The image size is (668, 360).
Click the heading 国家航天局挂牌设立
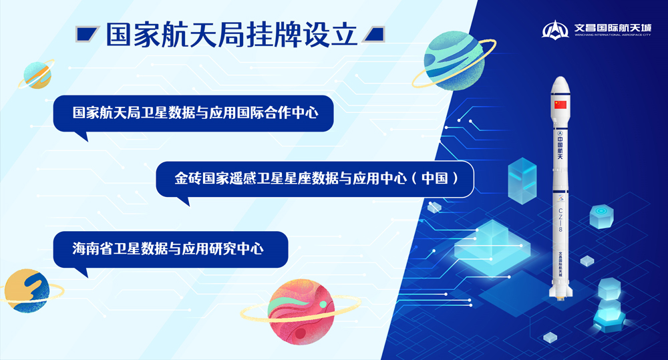[x=231, y=35]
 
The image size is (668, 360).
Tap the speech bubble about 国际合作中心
[x=193, y=113]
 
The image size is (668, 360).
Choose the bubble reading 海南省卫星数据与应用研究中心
[x=170, y=248]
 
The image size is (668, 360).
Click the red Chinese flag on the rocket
[x=560, y=105]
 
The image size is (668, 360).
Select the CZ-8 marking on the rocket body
[x=560, y=220]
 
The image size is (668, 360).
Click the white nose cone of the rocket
[x=560, y=85]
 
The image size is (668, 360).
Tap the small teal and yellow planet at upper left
[x=37, y=74]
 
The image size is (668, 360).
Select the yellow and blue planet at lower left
[x=26, y=290]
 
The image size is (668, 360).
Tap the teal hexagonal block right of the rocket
[x=601, y=216]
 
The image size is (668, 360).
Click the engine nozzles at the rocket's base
[x=560, y=294]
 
